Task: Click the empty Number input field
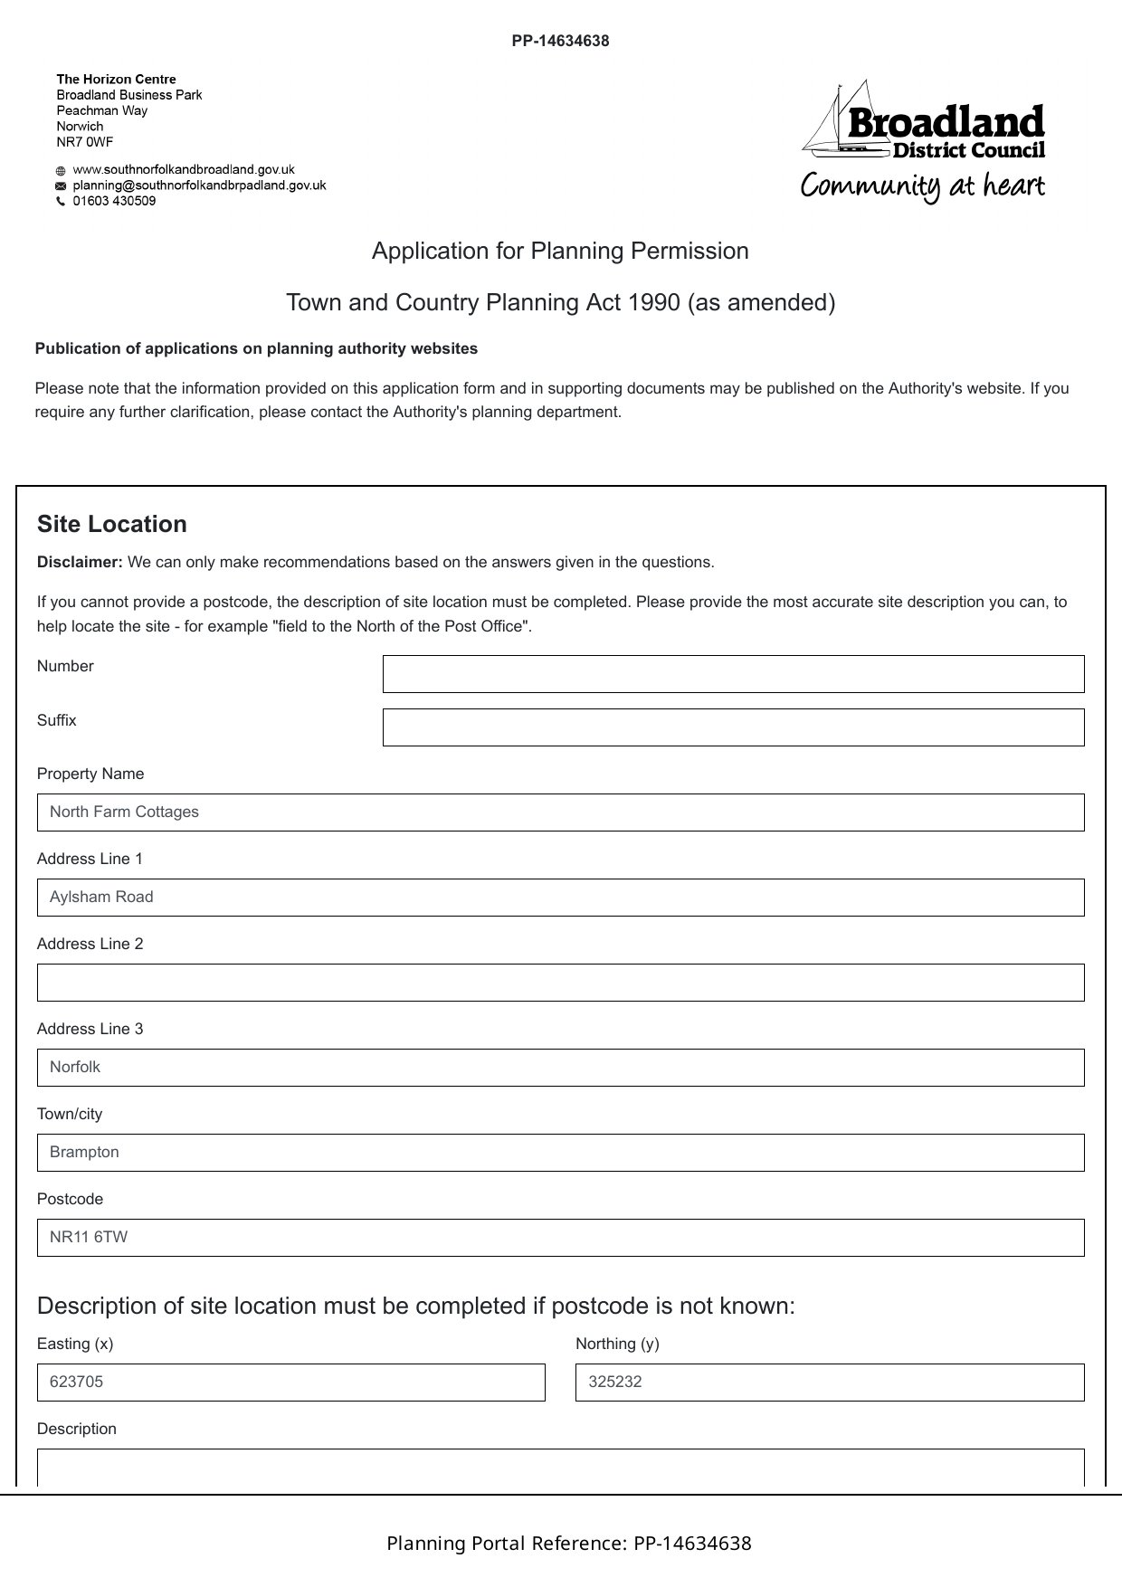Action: (733, 674)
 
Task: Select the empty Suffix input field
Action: (733, 727)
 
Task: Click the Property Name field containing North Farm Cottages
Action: (560, 813)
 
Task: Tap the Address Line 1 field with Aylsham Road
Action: (560, 898)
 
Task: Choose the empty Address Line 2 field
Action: (560, 983)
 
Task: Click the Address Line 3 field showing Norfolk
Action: (560, 1068)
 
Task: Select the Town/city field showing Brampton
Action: (560, 1153)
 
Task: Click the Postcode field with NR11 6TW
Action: (560, 1238)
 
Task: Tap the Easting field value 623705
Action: (290, 1383)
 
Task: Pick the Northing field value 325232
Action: (829, 1383)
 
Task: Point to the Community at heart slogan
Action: (922, 186)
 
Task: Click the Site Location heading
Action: (112, 525)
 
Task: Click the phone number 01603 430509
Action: (114, 201)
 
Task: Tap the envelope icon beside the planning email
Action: (61, 186)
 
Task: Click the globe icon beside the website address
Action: (61, 171)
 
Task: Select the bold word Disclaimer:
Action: (80, 563)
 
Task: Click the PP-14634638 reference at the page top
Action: (560, 41)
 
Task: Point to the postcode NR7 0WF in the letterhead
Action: (85, 142)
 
